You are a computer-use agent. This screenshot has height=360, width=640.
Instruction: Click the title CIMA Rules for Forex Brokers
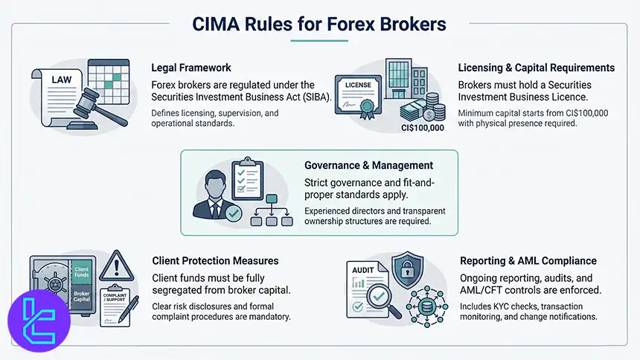pyautogui.click(x=319, y=24)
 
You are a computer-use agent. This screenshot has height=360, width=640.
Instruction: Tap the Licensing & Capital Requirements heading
pyautogui.click(x=536, y=67)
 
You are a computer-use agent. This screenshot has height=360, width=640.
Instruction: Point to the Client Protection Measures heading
pyautogui.click(x=215, y=260)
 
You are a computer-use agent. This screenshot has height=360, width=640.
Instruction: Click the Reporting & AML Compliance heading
pyautogui.click(x=528, y=260)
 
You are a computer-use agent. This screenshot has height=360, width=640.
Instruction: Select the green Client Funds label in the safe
pyautogui.click(x=80, y=272)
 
